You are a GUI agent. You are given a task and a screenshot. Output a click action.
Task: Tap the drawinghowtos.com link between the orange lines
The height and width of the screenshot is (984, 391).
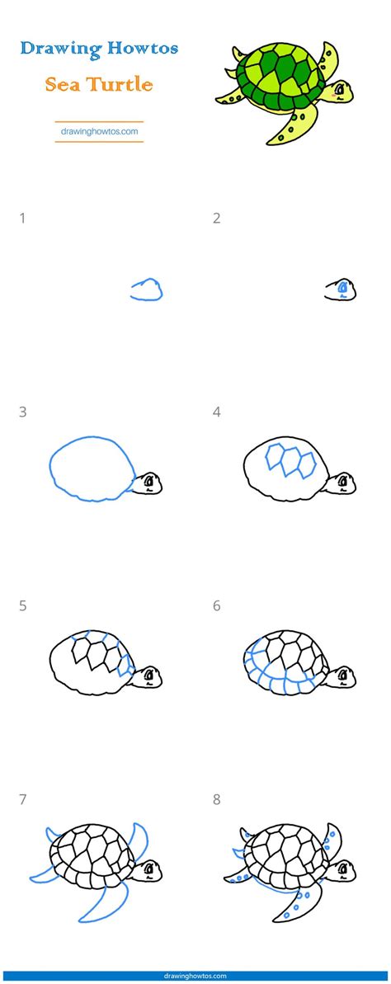pyautogui.click(x=99, y=132)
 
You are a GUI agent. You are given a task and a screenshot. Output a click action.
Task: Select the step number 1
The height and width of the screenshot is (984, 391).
pyautogui.click(x=22, y=219)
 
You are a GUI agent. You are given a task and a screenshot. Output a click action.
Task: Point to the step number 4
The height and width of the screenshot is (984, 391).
pyautogui.click(x=216, y=412)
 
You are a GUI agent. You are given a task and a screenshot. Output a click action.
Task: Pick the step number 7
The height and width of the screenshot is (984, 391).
pyautogui.click(x=22, y=799)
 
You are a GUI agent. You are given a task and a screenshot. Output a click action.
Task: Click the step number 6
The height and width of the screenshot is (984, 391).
pyautogui.click(x=216, y=606)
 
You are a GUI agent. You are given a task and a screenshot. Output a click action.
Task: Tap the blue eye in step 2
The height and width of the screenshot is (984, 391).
pyautogui.click(x=342, y=288)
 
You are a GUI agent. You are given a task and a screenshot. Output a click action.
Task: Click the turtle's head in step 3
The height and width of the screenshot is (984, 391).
pyautogui.click(x=148, y=483)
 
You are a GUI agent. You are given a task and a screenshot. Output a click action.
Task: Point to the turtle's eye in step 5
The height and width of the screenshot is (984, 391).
pyautogui.click(x=148, y=675)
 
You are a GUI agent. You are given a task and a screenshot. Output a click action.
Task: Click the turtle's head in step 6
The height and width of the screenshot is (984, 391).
pyautogui.click(x=342, y=676)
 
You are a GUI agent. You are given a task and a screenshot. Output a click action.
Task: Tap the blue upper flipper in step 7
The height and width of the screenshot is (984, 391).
pyautogui.click(x=139, y=839)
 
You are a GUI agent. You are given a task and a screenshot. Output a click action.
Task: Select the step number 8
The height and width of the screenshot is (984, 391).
pyautogui.click(x=216, y=799)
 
